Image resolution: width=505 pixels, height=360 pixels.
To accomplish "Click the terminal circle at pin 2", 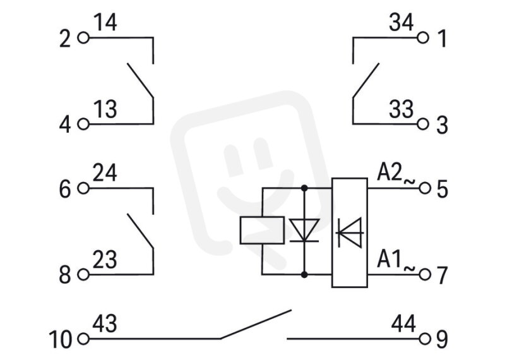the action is pos(83,38).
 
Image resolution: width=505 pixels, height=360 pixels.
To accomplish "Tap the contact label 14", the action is pos(105,23).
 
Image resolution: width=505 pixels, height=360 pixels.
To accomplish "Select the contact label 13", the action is pos(105,109).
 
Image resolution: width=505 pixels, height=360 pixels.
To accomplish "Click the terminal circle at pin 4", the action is pos(83,124).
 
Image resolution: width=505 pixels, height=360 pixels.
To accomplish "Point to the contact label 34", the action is pos(401,23).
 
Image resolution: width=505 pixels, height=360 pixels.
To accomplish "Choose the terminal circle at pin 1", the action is pos(423,38).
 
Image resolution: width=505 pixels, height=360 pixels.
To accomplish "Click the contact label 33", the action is pos(401,109).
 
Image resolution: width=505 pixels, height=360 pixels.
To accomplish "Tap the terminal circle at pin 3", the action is pos(423,124).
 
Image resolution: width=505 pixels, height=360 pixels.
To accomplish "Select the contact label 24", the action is pos(105,173).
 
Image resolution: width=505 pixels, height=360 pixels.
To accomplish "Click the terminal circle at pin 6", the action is pos(83,188).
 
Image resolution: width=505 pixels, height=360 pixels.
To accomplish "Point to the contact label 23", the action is pos(105,260).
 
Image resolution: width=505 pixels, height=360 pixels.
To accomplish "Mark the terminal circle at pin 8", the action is pos(83,275).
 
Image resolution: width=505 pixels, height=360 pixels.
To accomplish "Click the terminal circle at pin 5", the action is pos(425,188).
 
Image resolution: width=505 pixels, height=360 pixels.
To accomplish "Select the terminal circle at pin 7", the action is pos(425,275).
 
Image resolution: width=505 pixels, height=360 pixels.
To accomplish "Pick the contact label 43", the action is pos(105,324).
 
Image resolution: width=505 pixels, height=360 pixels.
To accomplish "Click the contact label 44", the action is pos(403,324).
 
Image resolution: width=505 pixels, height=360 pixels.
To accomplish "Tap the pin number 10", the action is pos(60,339).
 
